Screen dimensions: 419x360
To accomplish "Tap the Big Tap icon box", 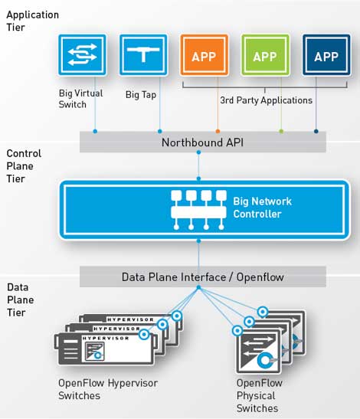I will (x=143, y=57).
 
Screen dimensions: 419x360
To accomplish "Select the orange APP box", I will (x=204, y=57).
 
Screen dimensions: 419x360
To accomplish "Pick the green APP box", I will (x=265, y=57).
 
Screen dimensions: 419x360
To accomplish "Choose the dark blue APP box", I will (x=326, y=57).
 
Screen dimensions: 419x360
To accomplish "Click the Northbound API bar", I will (x=202, y=142).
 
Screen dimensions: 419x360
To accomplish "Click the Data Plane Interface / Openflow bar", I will (x=202, y=277).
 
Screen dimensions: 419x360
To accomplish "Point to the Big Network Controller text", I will (x=262, y=208).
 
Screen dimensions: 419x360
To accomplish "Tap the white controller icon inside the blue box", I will (x=198, y=208).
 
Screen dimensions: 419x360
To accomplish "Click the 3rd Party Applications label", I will (x=266, y=100).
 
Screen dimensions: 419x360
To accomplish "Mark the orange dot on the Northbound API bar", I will (x=218, y=131).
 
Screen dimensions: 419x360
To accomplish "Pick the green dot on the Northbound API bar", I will (x=281, y=131).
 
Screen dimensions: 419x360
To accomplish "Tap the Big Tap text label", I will (x=141, y=95).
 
